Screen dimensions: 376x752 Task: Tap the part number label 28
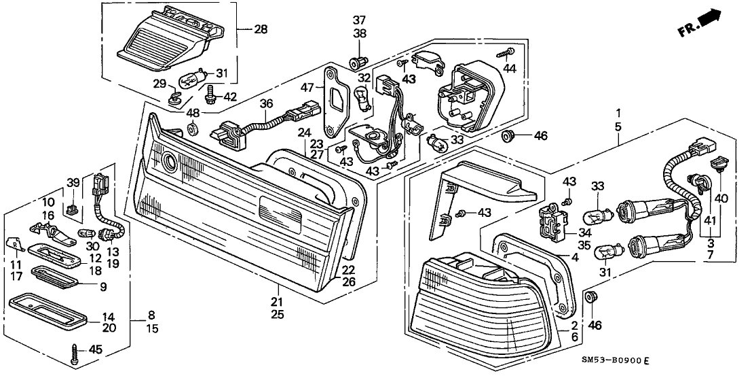tap(261, 29)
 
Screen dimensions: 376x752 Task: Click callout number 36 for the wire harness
tap(266, 103)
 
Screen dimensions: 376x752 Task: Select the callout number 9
tap(104, 286)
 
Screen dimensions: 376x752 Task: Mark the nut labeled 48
tap(192, 127)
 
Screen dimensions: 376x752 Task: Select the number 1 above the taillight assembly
tap(618, 112)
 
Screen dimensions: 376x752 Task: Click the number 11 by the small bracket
tap(16, 263)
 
